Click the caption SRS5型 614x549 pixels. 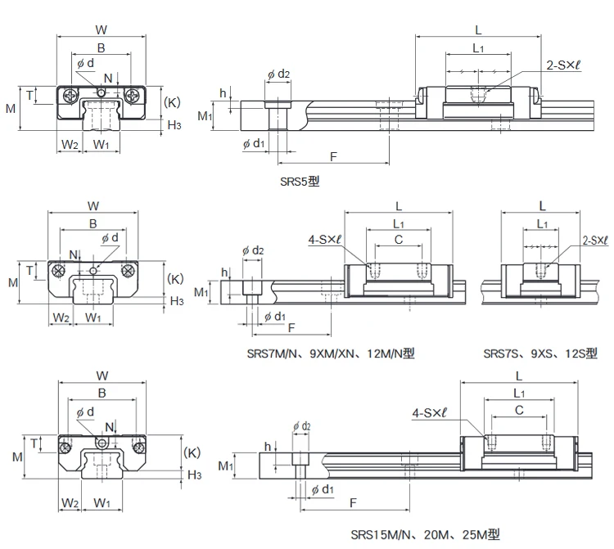(296, 181)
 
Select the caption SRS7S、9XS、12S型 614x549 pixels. (540, 353)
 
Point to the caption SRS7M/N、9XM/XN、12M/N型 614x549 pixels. (331, 353)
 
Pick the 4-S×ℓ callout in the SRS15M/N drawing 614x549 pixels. (430, 415)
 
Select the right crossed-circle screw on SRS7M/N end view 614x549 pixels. (127, 271)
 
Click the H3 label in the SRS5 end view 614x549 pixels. (174, 124)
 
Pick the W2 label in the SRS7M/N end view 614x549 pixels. (59, 317)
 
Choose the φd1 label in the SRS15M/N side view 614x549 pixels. (323, 489)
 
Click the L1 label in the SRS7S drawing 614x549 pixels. (542, 223)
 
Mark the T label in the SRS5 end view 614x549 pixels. (29, 95)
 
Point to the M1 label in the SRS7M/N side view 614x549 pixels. (201, 292)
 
